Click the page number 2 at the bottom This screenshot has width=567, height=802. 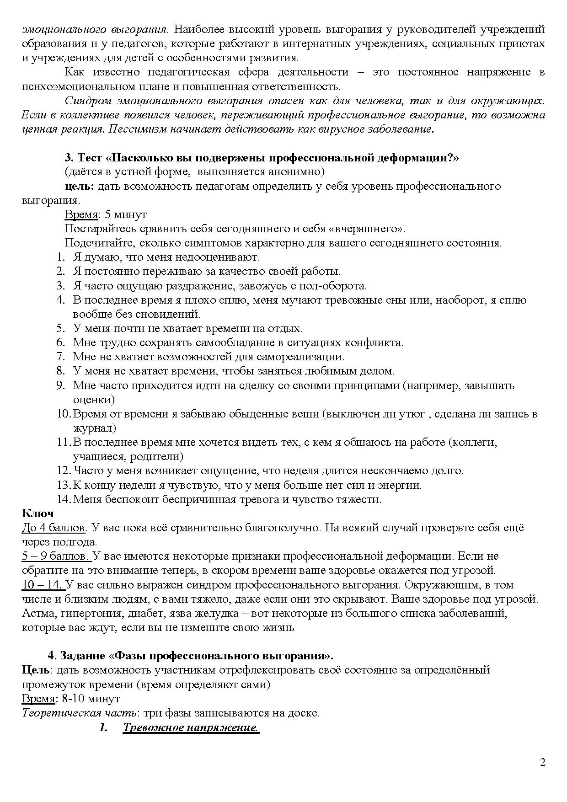543,762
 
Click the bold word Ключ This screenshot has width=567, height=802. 38,513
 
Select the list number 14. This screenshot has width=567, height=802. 63,499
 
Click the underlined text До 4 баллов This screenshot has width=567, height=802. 53,528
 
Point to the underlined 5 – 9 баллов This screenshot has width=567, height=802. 55,556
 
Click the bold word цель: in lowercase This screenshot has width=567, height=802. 80,186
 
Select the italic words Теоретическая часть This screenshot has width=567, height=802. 79,713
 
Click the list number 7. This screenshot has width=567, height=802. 61,357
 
